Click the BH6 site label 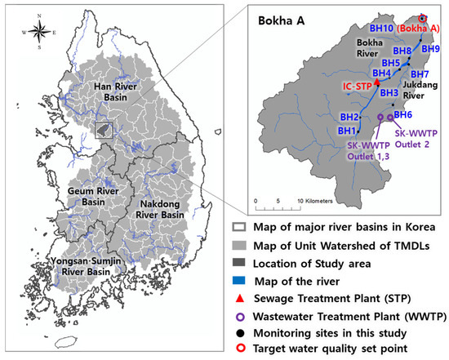tap(402, 115)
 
